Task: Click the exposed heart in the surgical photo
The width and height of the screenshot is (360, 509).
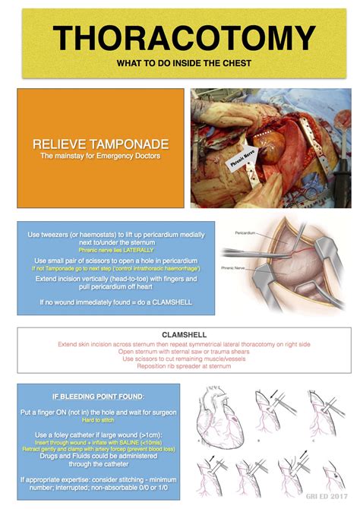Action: pos(262,144)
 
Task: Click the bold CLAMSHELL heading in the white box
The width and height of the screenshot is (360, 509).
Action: pos(180,334)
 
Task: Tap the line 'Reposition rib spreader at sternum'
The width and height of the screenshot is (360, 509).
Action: pos(180,366)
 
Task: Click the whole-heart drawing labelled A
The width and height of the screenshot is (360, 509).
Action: pos(220,422)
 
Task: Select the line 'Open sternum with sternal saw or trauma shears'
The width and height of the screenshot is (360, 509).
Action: pos(180,351)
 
